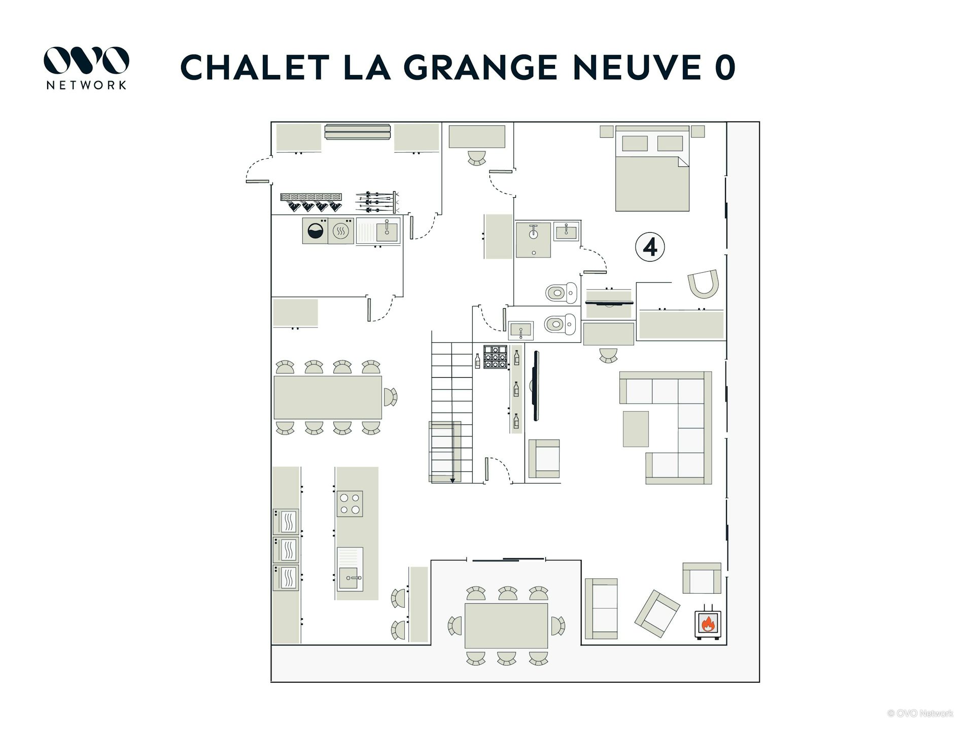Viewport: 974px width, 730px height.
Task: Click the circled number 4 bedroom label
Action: [650, 247]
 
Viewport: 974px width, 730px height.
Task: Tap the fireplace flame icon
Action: [707, 623]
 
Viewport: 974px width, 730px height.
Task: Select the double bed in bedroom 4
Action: [652, 168]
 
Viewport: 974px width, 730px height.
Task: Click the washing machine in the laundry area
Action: [315, 231]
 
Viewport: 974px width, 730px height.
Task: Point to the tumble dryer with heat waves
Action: [341, 231]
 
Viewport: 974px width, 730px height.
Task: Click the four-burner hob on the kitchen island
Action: [350, 503]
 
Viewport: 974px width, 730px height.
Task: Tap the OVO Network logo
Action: [86, 68]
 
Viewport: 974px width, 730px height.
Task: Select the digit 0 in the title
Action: [725, 67]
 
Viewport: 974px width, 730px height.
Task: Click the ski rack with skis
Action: [376, 202]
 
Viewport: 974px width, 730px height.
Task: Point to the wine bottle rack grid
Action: [495, 356]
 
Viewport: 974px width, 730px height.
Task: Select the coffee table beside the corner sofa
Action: [636, 429]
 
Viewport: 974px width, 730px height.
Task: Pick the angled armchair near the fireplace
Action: [657, 613]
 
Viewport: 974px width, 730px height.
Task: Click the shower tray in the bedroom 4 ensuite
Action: [533, 240]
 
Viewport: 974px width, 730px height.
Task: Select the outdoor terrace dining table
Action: [506, 626]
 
